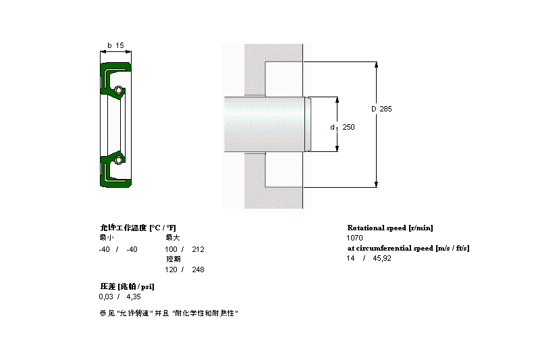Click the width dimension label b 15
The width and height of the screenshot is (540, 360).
(115, 45)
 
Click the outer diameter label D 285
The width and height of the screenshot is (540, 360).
(381, 109)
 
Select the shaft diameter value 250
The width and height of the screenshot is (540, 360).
(348, 127)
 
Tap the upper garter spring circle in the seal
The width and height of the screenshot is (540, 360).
(119, 91)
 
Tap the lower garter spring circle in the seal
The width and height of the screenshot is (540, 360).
(119, 160)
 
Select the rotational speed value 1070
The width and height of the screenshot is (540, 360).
(354, 238)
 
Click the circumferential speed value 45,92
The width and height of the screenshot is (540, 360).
(382, 259)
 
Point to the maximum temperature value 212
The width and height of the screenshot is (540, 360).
(198, 249)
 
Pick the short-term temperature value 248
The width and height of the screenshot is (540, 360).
(198, 269)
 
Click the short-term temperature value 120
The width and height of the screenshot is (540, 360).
(171, 269)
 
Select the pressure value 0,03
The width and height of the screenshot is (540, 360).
(106, 297)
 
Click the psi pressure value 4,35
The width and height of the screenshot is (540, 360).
(134, 297)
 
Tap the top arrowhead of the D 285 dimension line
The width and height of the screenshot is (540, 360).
(376, 65)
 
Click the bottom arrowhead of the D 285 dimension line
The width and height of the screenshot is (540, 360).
(376, 184)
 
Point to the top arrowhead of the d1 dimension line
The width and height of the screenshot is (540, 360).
(337, 100)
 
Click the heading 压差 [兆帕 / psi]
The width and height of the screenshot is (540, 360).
(127, 286)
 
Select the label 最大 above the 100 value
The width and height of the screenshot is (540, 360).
(173, 238)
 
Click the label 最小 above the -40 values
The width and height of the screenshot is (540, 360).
(107, 238)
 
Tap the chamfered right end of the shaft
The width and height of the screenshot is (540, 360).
(308, 124)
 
